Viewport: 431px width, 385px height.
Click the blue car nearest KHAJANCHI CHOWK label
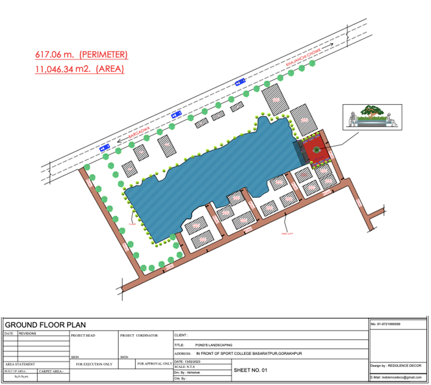(x=240, y=82)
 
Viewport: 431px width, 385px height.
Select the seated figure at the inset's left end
(x=353, y=118)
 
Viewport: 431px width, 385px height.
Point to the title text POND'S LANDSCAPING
(x=214, y=345)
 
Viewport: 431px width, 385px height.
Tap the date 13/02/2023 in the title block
(x=193, y=362)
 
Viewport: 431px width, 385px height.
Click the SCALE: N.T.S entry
(x=186, y=367)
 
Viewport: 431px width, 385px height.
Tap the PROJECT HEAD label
(x=83, y=335)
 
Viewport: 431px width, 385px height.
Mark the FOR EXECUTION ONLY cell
(x=94, y=364)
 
